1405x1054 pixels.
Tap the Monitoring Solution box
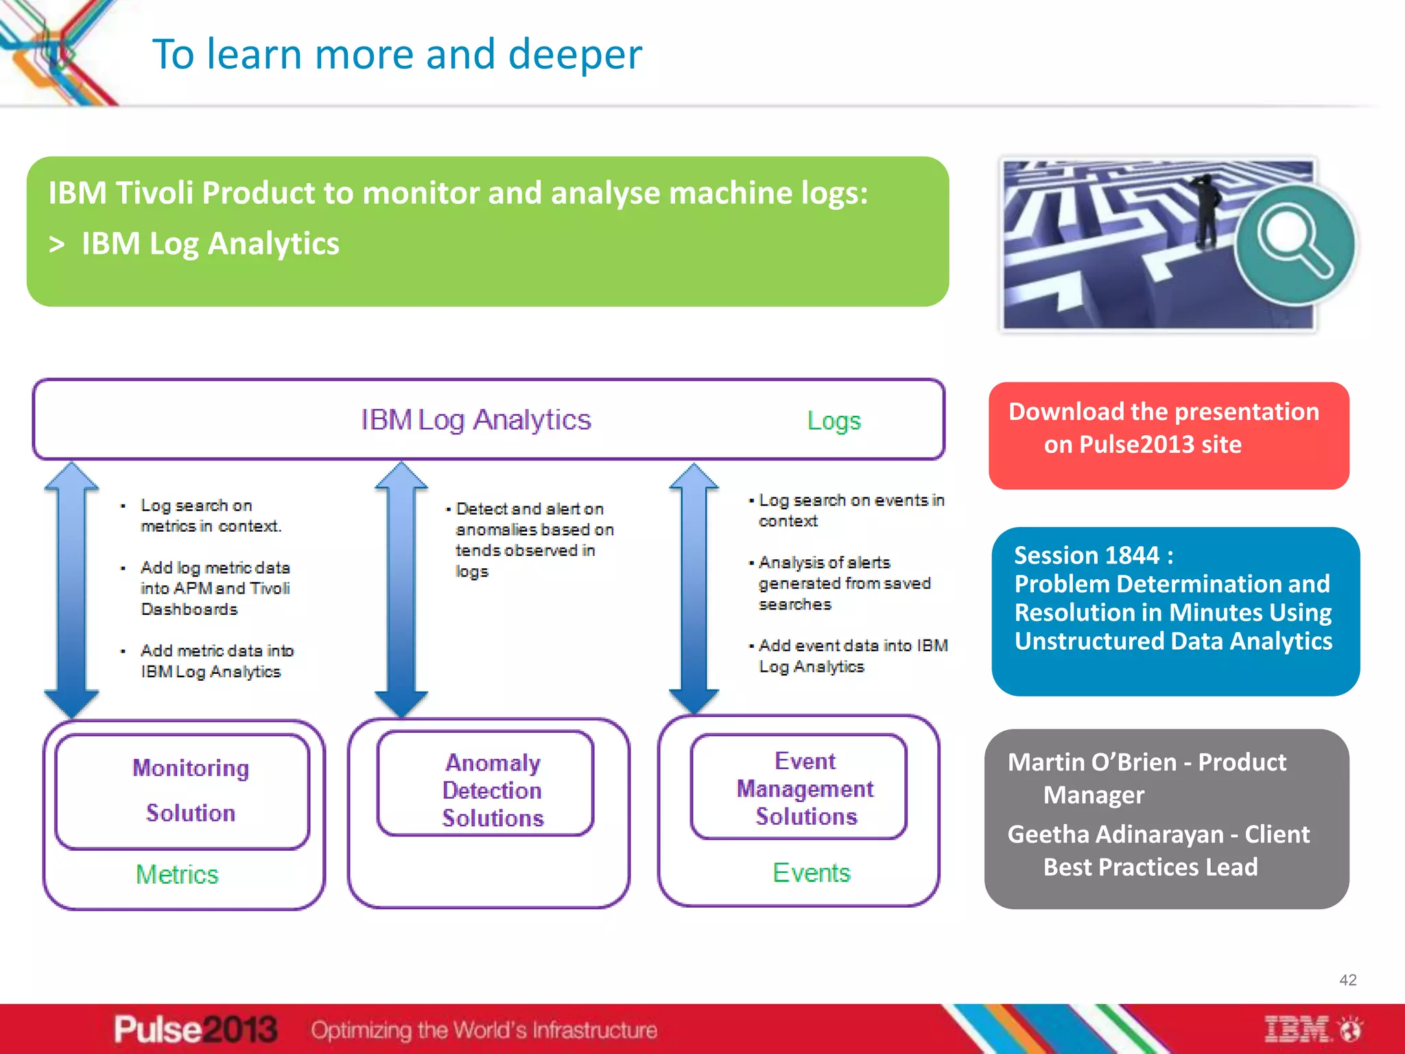182,791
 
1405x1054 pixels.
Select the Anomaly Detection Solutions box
486,784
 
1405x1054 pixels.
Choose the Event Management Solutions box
799,787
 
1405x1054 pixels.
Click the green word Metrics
177,874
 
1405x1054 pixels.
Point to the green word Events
811,873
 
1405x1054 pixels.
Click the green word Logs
833,421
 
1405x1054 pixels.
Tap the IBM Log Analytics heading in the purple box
475,420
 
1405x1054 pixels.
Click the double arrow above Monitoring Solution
71,589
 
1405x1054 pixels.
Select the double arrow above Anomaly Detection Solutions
401,589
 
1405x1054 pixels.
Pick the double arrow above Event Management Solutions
694,588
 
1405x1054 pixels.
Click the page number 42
1347,980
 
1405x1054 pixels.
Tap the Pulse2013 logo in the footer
196,1030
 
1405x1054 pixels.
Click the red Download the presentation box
1168,435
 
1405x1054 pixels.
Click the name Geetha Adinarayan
1115,834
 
